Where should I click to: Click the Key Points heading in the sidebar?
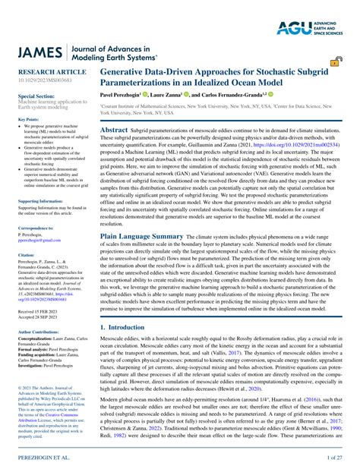pyautogui.click(x=28, y=119)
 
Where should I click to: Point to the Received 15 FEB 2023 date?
pyautogui.click(x=37, y=312)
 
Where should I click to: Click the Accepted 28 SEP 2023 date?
pyautogui.click(x=37, y=317)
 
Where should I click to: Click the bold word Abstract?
pyautogui.click(x=114, y=131)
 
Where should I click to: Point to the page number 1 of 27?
pyautogui.click(x=336, y=458)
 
